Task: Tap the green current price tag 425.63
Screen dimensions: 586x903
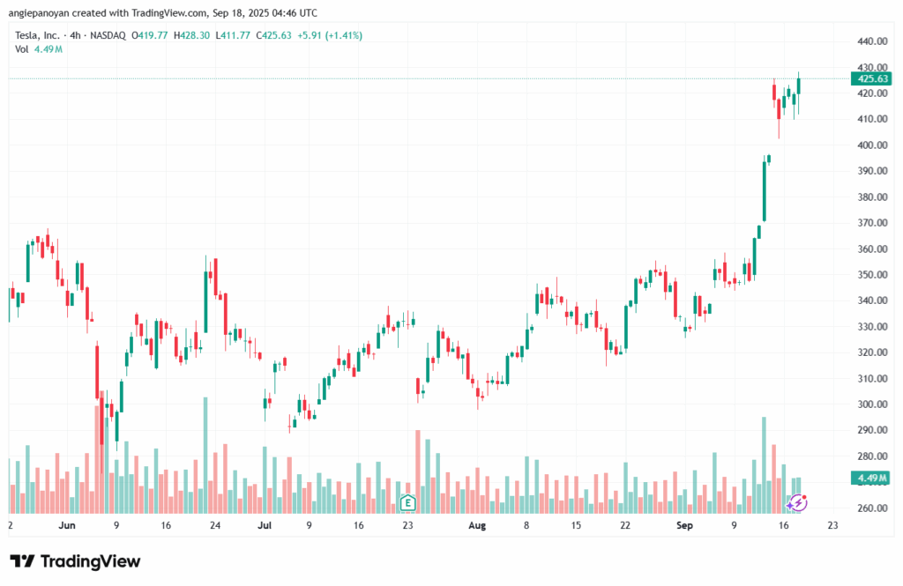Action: coord(870,78)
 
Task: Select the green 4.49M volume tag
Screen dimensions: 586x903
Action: coord(870,478)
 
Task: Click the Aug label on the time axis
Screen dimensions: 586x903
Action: coord(477,525)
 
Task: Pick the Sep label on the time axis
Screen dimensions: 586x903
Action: coord(684,525)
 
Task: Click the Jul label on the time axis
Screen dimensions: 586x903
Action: coord(264,525)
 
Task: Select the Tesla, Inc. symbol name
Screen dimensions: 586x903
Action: coord(38,35)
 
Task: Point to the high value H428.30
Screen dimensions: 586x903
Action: coord(193,35)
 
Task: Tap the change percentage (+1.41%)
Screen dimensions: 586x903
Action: coord(343,35)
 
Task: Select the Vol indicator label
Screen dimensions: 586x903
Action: coord(22,49)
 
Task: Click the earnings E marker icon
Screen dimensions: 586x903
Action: coord(407,502)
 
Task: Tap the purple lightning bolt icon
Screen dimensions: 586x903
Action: coord(797,502)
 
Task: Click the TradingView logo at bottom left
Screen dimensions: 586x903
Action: coord(75,561)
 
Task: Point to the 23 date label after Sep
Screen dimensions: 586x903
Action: coord(832,525)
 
